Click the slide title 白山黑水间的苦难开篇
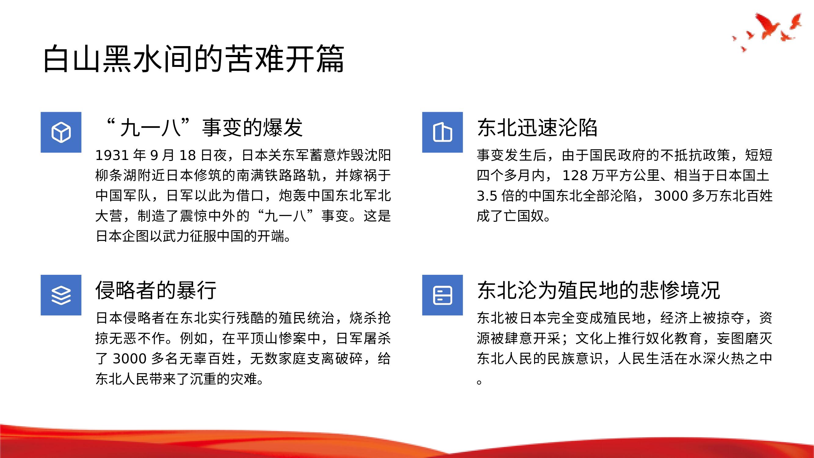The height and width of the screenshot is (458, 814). [194, 59]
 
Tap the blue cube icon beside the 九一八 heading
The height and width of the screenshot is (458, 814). [61, 132]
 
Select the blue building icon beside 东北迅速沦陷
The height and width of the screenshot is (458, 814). [442, 132]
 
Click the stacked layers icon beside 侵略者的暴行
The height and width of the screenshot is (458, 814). [61, 295]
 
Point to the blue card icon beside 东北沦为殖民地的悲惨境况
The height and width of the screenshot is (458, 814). [442, 295]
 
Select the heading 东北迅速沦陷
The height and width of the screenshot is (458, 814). [537, 128]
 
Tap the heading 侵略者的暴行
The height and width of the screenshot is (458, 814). [156, 290]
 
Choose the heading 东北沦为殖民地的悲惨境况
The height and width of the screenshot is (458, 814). [599, 290]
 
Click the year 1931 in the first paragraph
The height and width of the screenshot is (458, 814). [112, 155]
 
